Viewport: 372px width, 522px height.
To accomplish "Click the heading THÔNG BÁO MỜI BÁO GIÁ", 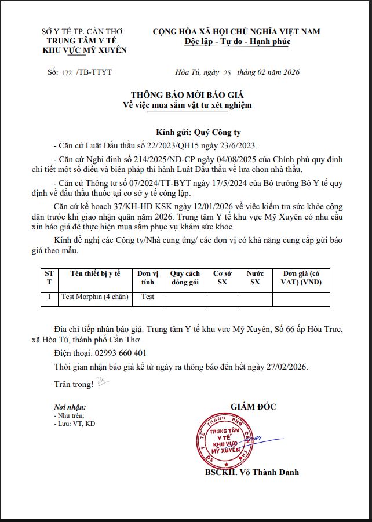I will coord(187,94).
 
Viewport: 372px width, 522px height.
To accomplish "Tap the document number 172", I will coord(68,72).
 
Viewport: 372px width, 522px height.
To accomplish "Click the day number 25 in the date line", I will coord(227,72).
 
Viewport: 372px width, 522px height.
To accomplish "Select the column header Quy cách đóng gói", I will coord(185,278).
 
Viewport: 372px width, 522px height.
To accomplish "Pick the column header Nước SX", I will coord(255,278).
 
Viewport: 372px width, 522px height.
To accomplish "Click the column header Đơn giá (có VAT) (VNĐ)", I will coord(301,278).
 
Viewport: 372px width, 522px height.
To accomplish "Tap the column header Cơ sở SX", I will coord(223,278).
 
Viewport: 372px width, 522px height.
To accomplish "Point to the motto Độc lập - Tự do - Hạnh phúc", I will coord(237,42).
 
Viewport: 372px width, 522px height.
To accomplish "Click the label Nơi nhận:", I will coord(70,408).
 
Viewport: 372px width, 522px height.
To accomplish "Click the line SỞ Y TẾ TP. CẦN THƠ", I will coord(85,32).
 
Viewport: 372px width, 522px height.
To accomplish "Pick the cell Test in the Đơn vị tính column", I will coord(148,297).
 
